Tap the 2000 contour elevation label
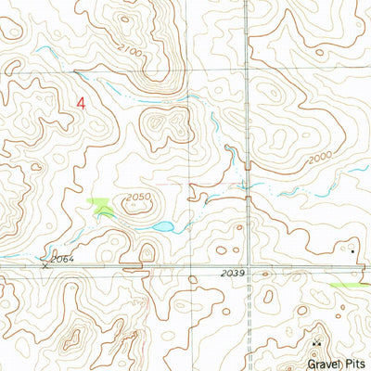[x=321, y=159]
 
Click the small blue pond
[x=161, y=227]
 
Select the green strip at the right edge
[x=352, y=285]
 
